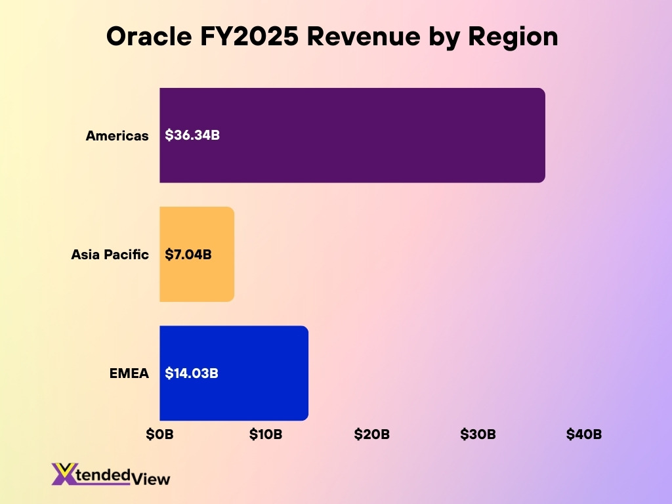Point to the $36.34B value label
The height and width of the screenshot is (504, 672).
pyautogui.click(x=192, y=136)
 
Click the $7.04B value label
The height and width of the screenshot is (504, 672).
pyautogui.click(x=188, y=255)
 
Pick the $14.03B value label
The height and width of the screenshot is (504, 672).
pyautogui.click(x=192, y=373)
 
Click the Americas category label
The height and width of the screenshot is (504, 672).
pyautogui.click(x=117, y=136)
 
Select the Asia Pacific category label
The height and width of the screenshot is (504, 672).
pyautogui.click(x=110, y=255)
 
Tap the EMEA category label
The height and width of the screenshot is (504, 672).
pyautogui.click(x=129, y=373)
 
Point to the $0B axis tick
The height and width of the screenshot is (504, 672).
pyautogui.click(x=159, y=434)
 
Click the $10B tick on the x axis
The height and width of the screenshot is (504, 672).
pyautogui.click(x=266, y=434)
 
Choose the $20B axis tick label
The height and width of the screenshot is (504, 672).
pyautogui.click(x=372, y=434)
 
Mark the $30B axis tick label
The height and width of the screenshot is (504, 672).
pyautogui.click(x=478, y=434)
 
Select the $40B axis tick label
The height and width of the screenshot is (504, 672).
pyautogui.click(x=584, y=434)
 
